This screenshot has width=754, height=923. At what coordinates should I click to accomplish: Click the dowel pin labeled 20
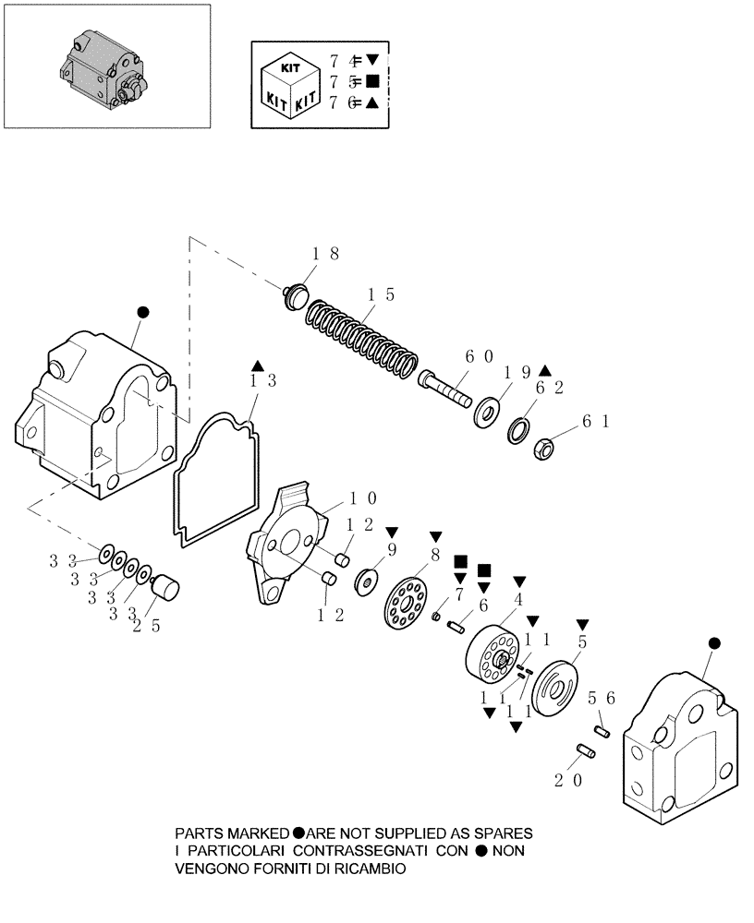pyautogui.click(x=586, y=752)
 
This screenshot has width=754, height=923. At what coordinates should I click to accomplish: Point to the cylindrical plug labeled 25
pyautogui.click(x=166, y=588)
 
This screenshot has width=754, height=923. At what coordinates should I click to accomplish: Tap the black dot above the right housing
pyautogui.click(x=712, y=642)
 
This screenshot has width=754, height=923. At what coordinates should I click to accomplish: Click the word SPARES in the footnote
pyautogui.click(x=499, y=832)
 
